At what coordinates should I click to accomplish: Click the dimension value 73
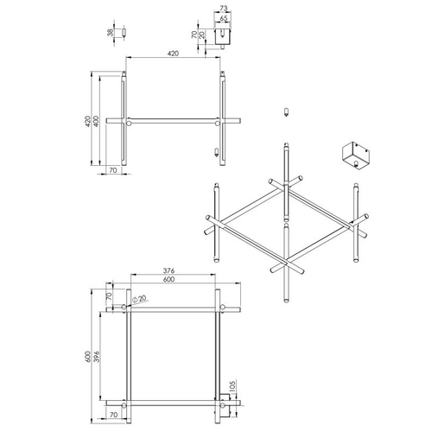224,9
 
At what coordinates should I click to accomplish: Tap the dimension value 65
224,18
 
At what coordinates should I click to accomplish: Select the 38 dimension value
111,33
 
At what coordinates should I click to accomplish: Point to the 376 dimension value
168,270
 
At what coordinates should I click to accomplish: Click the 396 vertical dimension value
97,357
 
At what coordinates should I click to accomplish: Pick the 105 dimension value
232,386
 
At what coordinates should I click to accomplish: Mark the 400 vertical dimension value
97,121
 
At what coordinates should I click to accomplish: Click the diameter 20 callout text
140,299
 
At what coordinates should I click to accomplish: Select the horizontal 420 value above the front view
173,54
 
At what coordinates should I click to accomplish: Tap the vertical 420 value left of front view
88,121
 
